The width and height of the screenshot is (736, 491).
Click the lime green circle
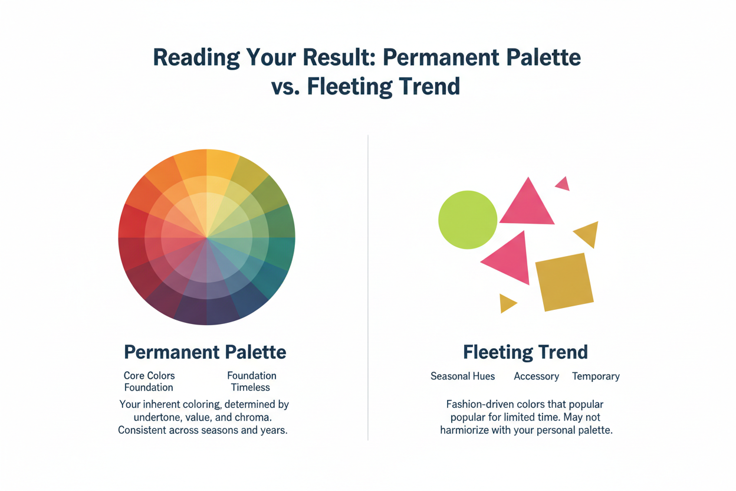click(x=468, y=220)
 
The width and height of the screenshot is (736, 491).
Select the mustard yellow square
click(x=564, y=282)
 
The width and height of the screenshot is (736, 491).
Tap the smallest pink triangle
click(x=563, y=184)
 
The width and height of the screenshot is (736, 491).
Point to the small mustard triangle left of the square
click(x=506, y=303)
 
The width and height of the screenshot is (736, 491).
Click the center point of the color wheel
click(x=207, y=237)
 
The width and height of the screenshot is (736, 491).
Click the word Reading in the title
click(x=196, y=58)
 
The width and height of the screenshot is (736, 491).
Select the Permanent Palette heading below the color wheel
click(x=205, y=352)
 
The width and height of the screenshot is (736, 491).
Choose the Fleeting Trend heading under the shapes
click(x=525, y=352)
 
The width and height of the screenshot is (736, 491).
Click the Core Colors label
click(x=149, y=375)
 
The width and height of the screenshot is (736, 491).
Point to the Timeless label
click(x=251, y=388)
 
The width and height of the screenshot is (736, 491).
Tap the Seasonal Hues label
click(x=462, y=376)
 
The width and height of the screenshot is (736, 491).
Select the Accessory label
click(x=536, y=377)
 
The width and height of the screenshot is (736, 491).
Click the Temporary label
click(x=596, y=377)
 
